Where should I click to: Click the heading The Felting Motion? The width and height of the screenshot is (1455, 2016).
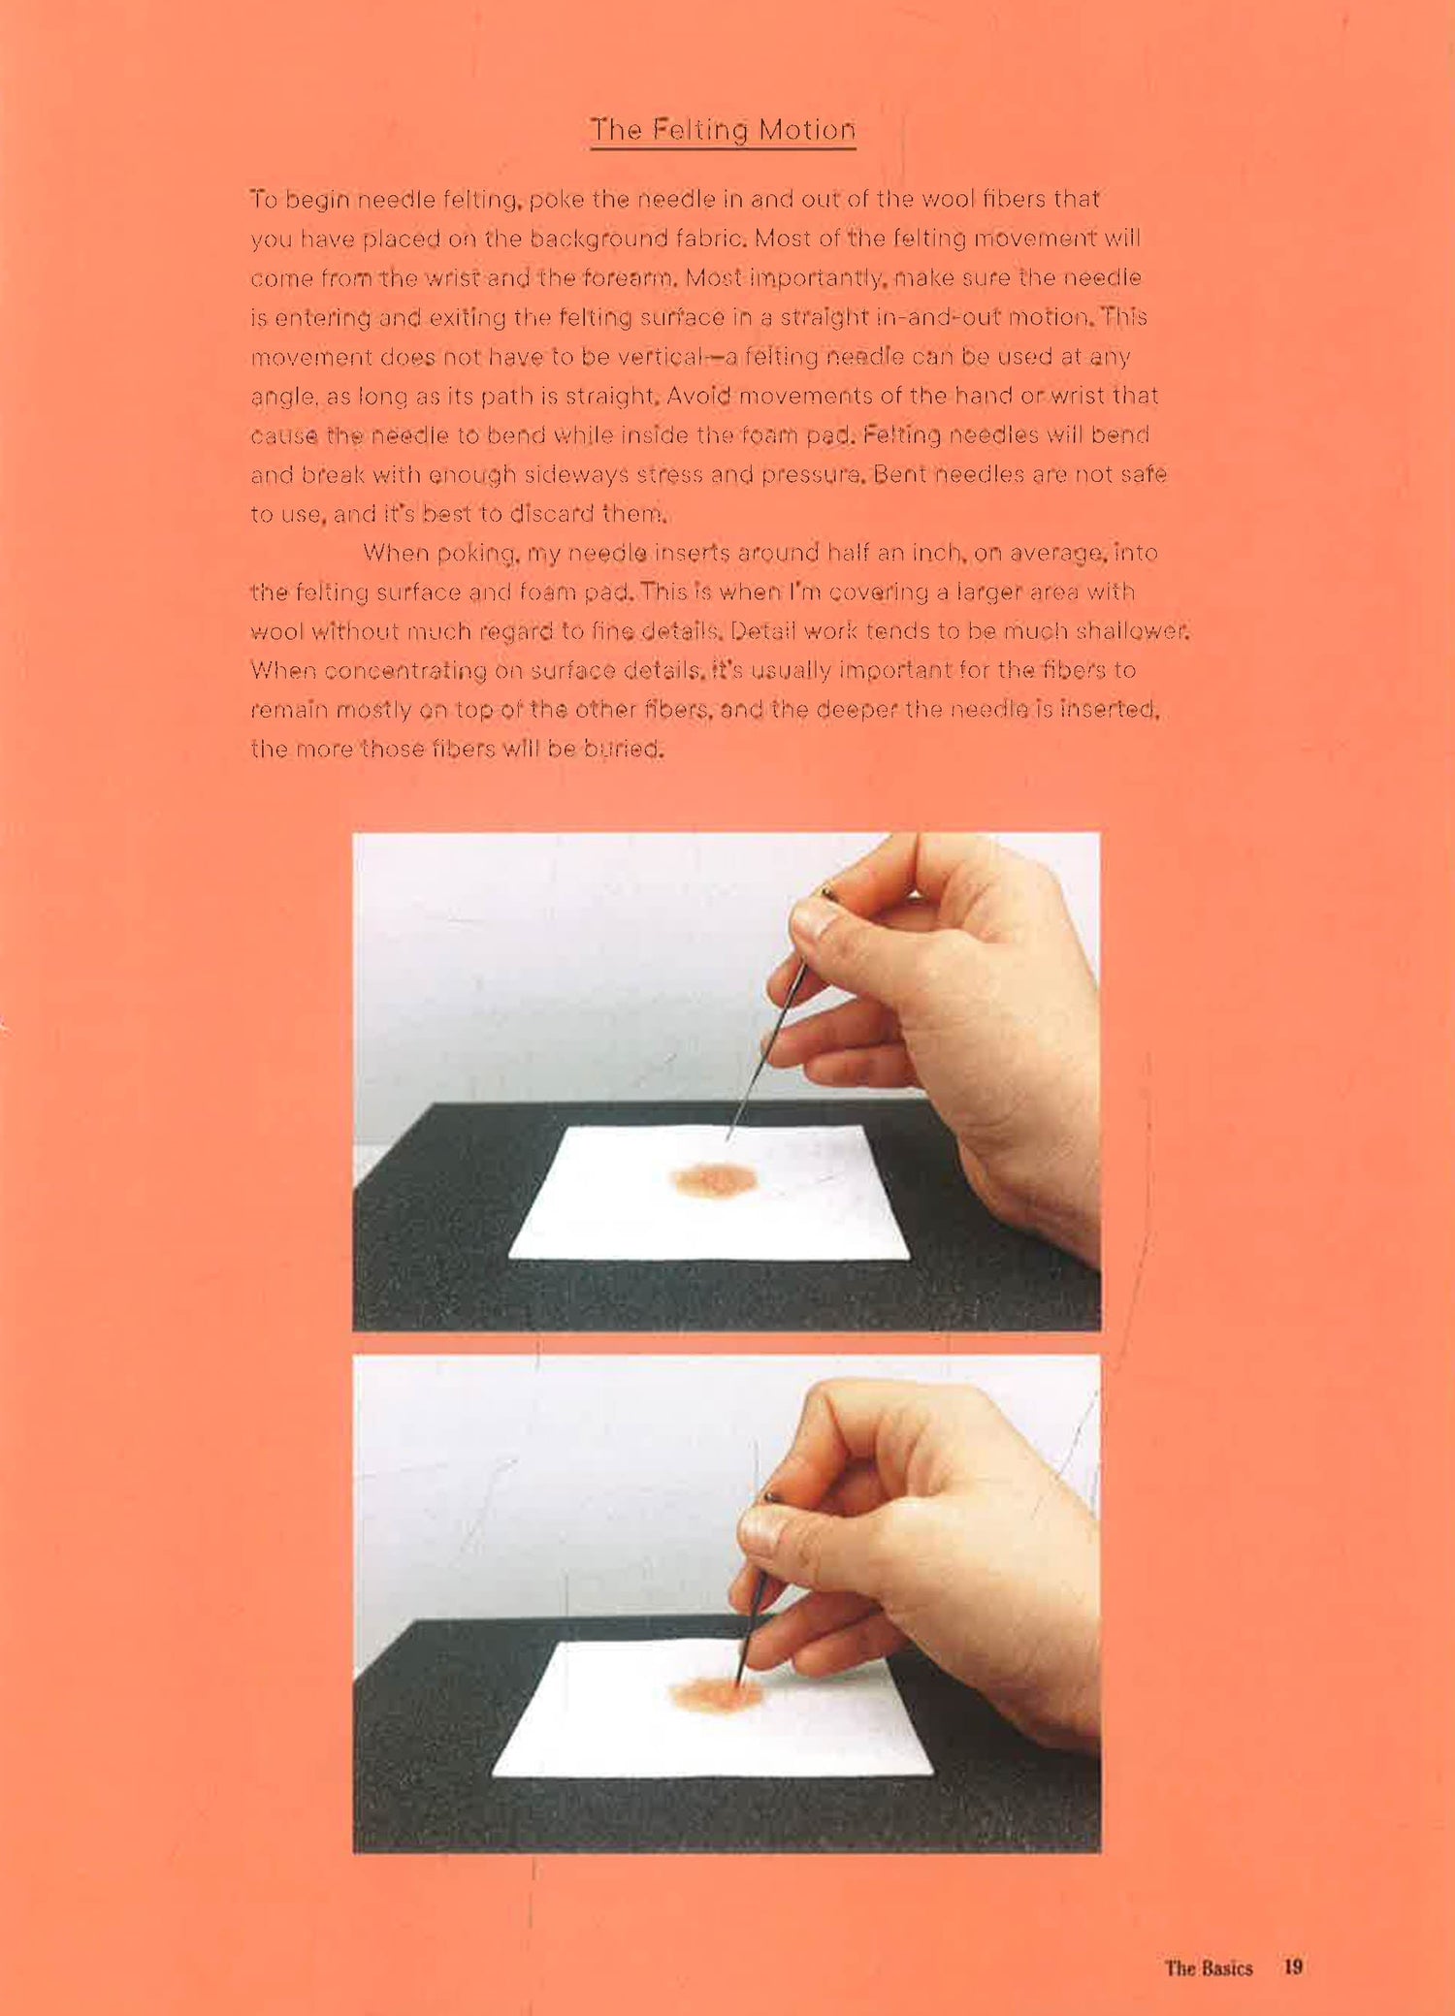(723, 130)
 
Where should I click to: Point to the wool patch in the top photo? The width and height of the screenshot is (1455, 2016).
(713, 1178)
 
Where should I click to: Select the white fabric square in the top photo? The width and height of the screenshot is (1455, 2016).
(709, 1193)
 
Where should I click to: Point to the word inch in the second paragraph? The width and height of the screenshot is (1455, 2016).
(937, 553)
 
